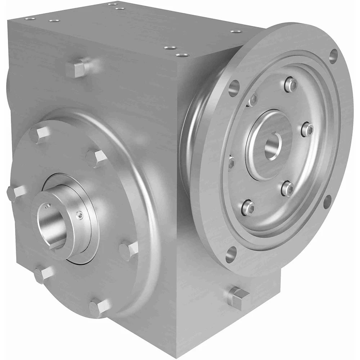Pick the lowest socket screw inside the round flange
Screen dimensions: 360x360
(x=248, y=207)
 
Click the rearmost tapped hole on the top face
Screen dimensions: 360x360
(x=111, y=4)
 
